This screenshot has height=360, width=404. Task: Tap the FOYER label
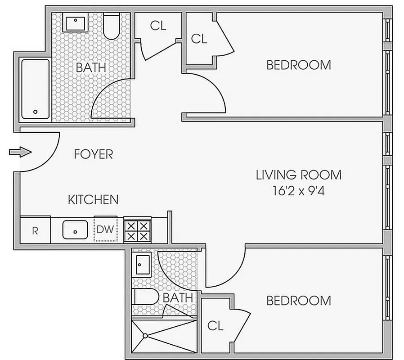pyautogui.click(x=93, y=154)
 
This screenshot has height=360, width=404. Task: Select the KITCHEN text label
pyautogui.click(x=93, y=199)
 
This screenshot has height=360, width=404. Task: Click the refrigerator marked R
pyautogui.click(x=35, y=231)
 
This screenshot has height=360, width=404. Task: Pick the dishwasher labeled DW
pyautogui.click(x=105, y=229)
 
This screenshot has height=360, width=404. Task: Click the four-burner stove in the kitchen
pyautogui.click(x=136, y=230)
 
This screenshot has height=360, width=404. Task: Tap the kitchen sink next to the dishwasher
pyautogui.click(x=75, y=230)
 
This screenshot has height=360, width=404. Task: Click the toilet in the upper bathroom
pyautogui.click(x=111, y=27)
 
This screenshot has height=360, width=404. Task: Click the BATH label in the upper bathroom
pyautogui.click(x=91, y=68)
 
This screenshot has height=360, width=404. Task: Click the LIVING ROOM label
pyautogui.click(x=298, y=175)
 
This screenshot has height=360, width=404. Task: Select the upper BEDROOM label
pyautogui.click(x=298, y=65)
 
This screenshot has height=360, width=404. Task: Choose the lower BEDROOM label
pyautogui.click(x=298, y=300)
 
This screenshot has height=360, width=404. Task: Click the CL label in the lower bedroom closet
pyautogui.click(x=215, y=326)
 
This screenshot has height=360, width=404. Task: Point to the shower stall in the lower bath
pyautogui.click(x=164, y=336)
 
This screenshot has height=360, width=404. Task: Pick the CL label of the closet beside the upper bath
pyautogui.click(x=158, y=26)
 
